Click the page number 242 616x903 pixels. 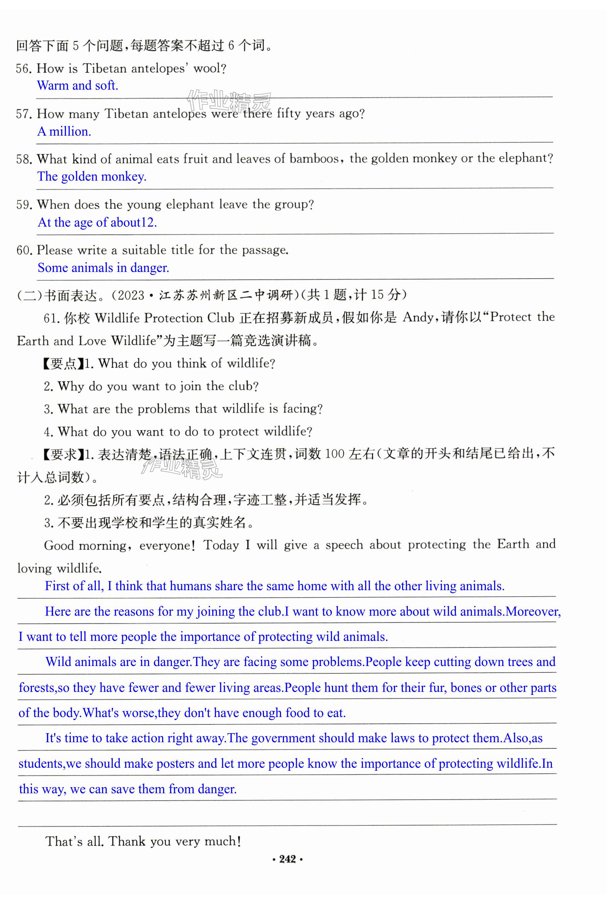point(287,859)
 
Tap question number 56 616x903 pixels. point(23,69)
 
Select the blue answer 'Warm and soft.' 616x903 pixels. point(77,86)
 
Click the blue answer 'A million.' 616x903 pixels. point(64,131)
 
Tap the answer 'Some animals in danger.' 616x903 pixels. point(103,268)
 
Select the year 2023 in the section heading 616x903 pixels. point(130,295)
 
